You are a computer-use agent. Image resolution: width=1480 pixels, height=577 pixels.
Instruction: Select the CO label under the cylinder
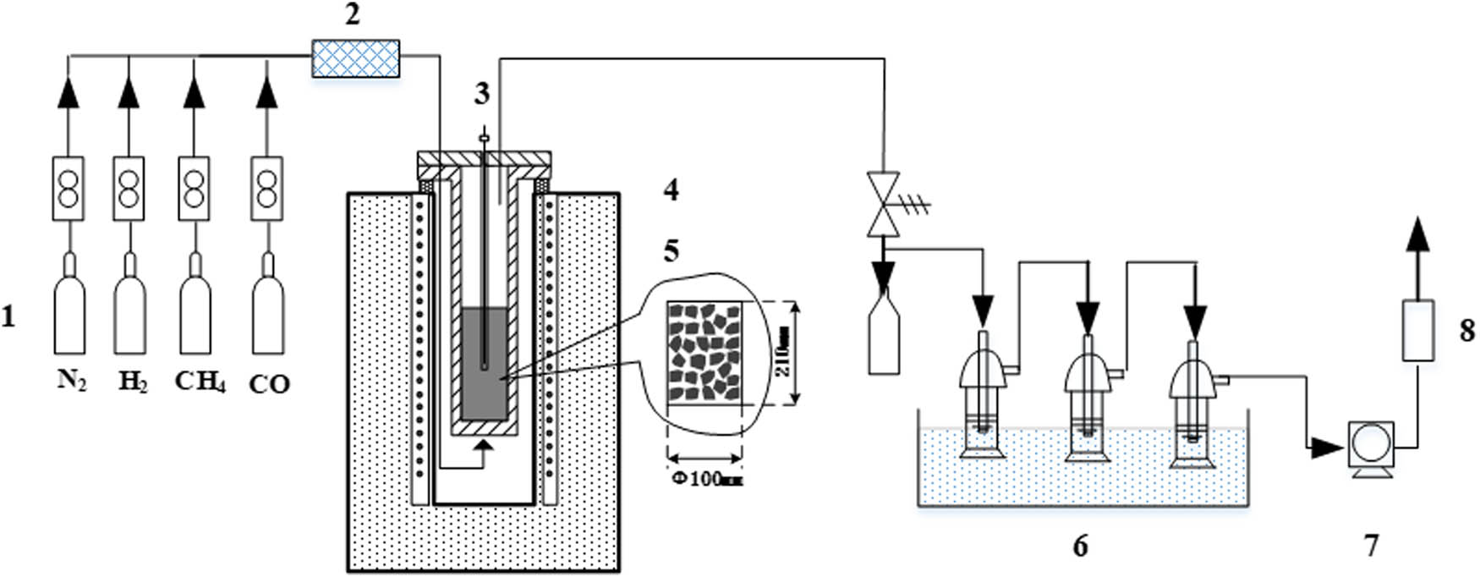click(269, 385)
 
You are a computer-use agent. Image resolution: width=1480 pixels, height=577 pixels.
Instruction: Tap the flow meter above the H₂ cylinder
click(129, 189)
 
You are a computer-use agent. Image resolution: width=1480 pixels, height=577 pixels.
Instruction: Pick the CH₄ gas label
click(200, 382)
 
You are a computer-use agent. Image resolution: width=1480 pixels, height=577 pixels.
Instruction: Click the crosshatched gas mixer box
click(355, 58)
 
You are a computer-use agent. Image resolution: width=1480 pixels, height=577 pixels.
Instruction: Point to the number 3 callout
click(481, 94)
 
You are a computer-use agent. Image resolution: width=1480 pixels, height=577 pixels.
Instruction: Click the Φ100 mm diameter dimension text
click(707, 479)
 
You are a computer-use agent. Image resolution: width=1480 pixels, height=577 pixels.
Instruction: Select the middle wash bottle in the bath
click(1088, 398)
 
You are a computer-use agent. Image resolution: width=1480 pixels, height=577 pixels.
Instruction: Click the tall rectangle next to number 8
click(1418, 330)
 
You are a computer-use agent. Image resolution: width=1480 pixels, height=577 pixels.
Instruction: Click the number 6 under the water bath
click(1080, 547)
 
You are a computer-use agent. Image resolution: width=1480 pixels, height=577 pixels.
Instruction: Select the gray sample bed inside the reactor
click(485, 364)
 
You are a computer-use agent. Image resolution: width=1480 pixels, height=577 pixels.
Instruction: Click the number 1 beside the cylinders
click(9, 318)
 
